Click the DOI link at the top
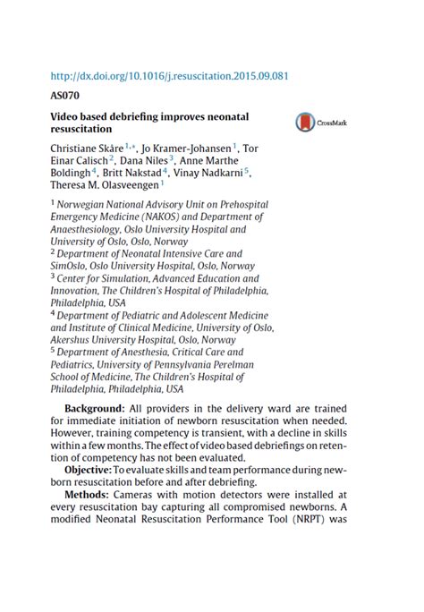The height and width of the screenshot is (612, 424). coord(169,76)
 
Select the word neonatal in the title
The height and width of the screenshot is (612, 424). coord(224,117)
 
